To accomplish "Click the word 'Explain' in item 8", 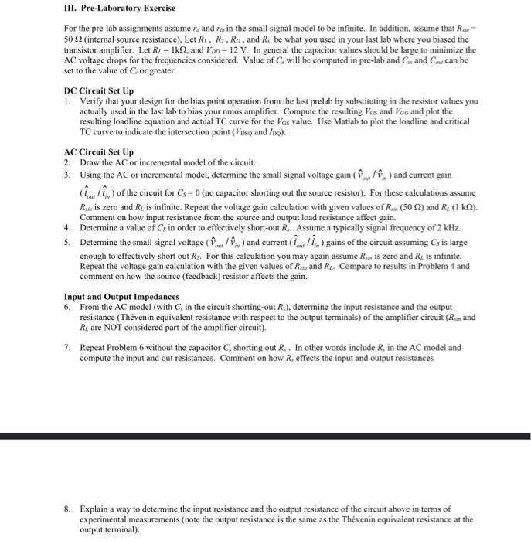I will pos(94,509).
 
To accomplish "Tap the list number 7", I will pos(67,347).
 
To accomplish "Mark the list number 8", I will pos(67,509).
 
